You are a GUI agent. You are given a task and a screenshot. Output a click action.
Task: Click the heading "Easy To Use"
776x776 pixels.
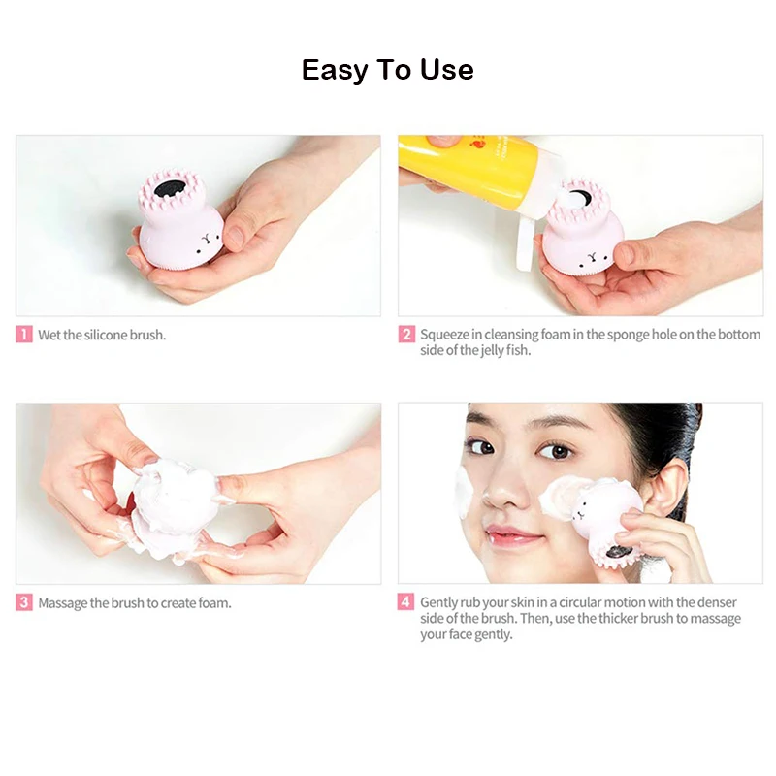[387, 70]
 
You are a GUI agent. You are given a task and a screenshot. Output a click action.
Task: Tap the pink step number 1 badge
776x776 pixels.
[23, 334]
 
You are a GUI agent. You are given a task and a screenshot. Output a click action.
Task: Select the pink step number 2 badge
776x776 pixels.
[406, 334]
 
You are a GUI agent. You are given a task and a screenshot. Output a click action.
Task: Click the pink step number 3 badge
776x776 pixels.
[23, 602]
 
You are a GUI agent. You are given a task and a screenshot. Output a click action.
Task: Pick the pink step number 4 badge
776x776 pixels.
[405, 601]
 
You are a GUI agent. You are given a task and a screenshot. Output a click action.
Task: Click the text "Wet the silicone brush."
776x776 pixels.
[102, 335]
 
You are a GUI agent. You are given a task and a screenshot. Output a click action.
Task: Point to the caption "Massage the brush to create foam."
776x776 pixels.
[135, 603]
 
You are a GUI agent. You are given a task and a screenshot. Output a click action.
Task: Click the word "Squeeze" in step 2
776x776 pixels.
[444, 335]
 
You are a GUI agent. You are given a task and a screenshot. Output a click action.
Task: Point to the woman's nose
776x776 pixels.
[503, 488]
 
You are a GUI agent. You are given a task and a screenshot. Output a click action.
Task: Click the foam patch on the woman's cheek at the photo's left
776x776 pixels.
[464, 493]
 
